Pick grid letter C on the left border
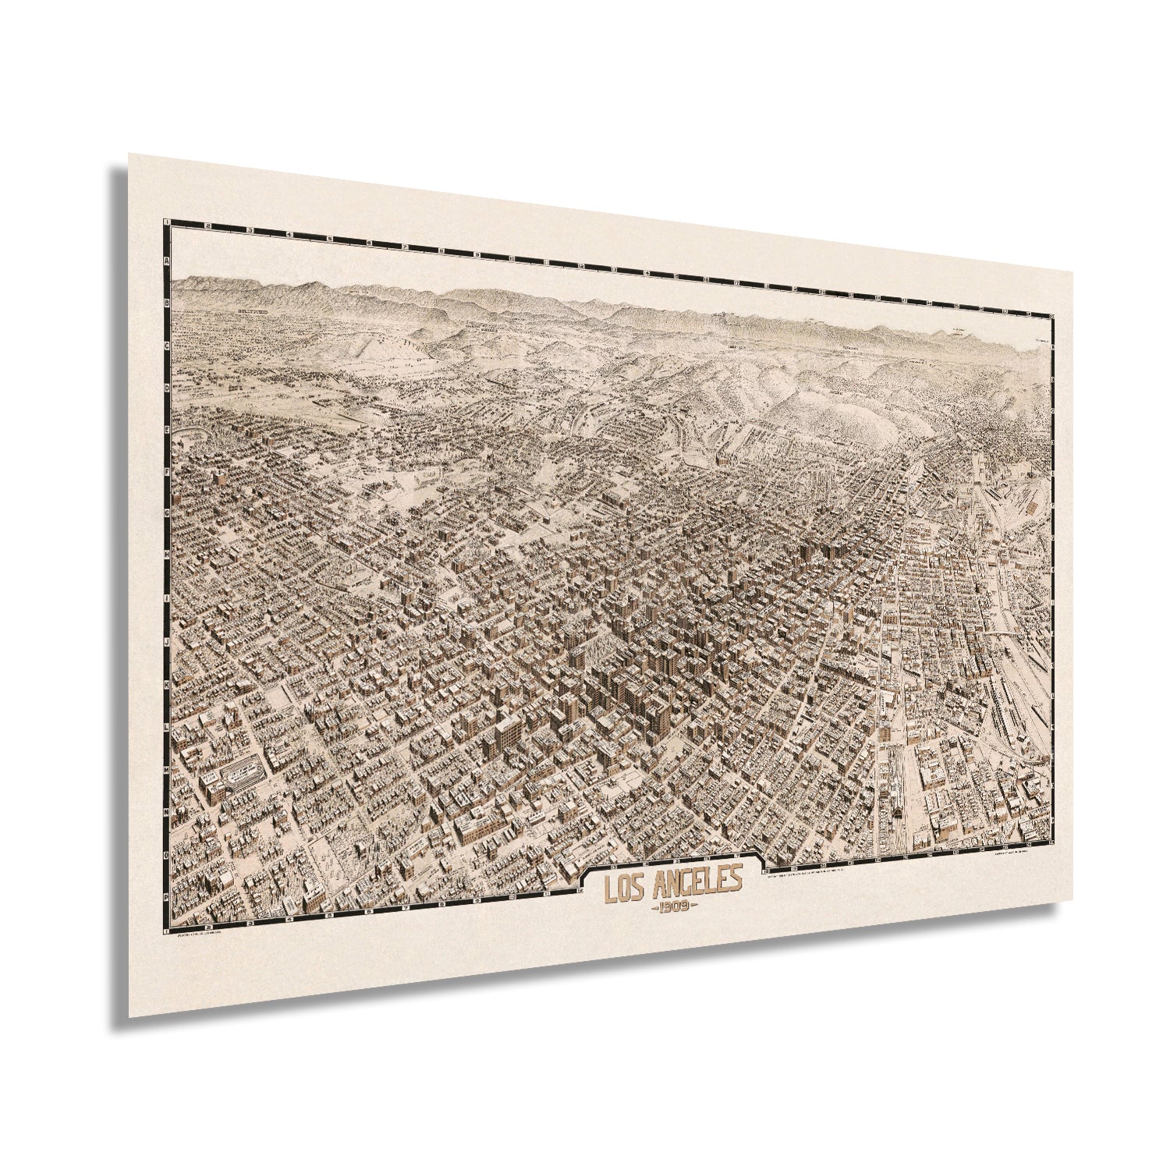167,343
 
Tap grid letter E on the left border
167,428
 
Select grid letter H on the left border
167,555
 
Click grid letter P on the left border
167,897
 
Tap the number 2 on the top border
207,226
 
